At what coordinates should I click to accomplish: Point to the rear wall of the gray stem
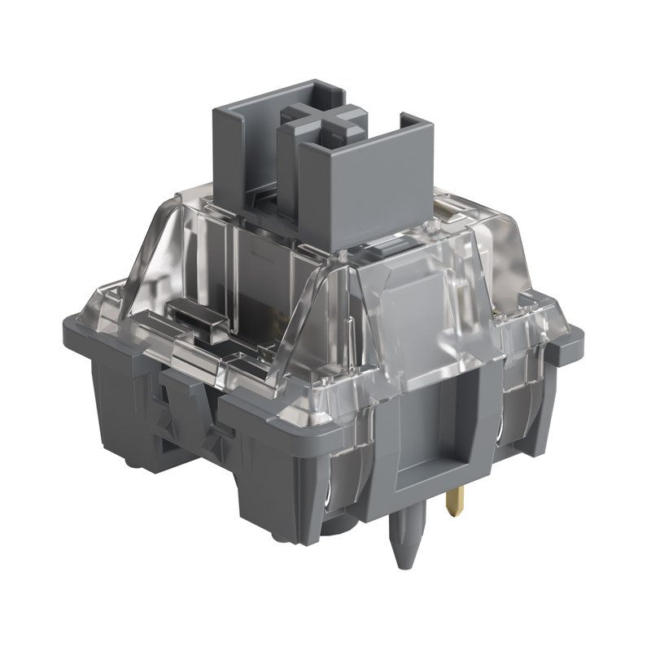(244, 138)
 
